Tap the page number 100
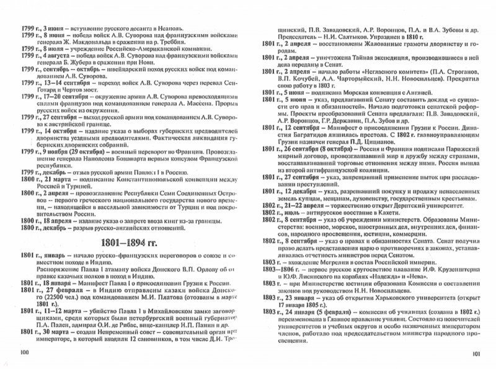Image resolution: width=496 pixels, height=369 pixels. click(26, 353)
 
